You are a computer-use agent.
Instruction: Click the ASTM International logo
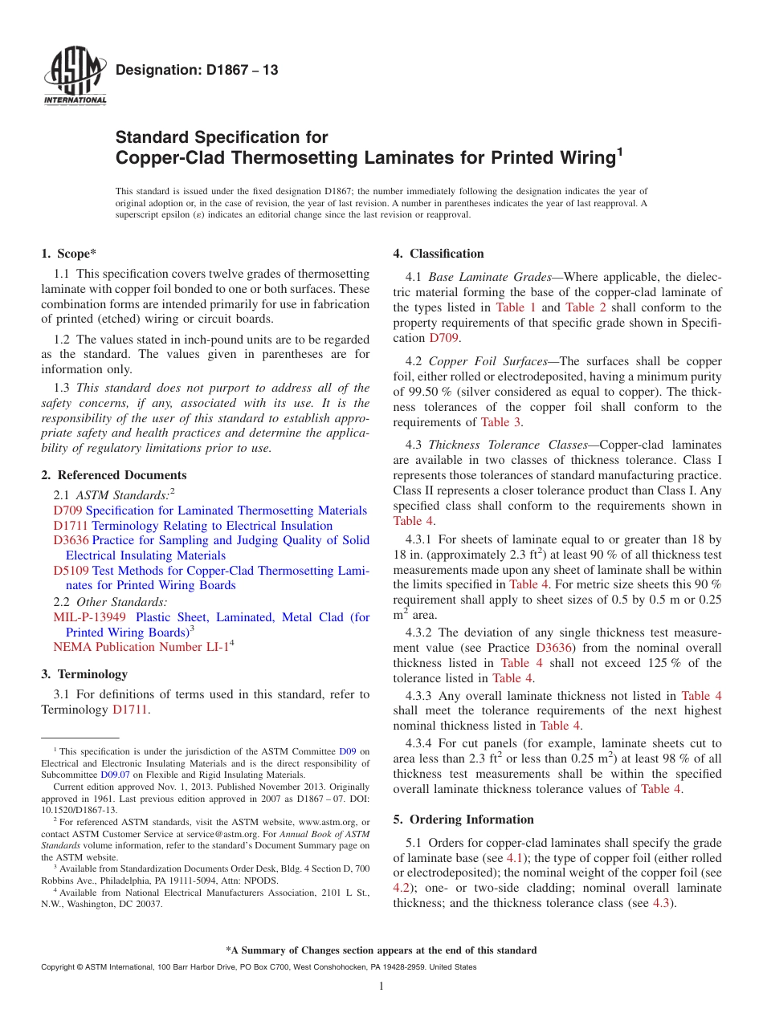[74, 77]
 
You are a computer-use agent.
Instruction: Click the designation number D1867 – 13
[197, 70]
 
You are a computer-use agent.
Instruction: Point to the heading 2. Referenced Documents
[114, 475]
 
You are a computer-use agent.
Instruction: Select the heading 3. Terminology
[84, 674]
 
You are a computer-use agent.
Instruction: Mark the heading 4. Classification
[439, 254]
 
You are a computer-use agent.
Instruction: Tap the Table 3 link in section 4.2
[501, 422]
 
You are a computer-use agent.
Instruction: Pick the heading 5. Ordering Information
[463, 820]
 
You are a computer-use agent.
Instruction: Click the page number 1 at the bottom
[381, 986]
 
